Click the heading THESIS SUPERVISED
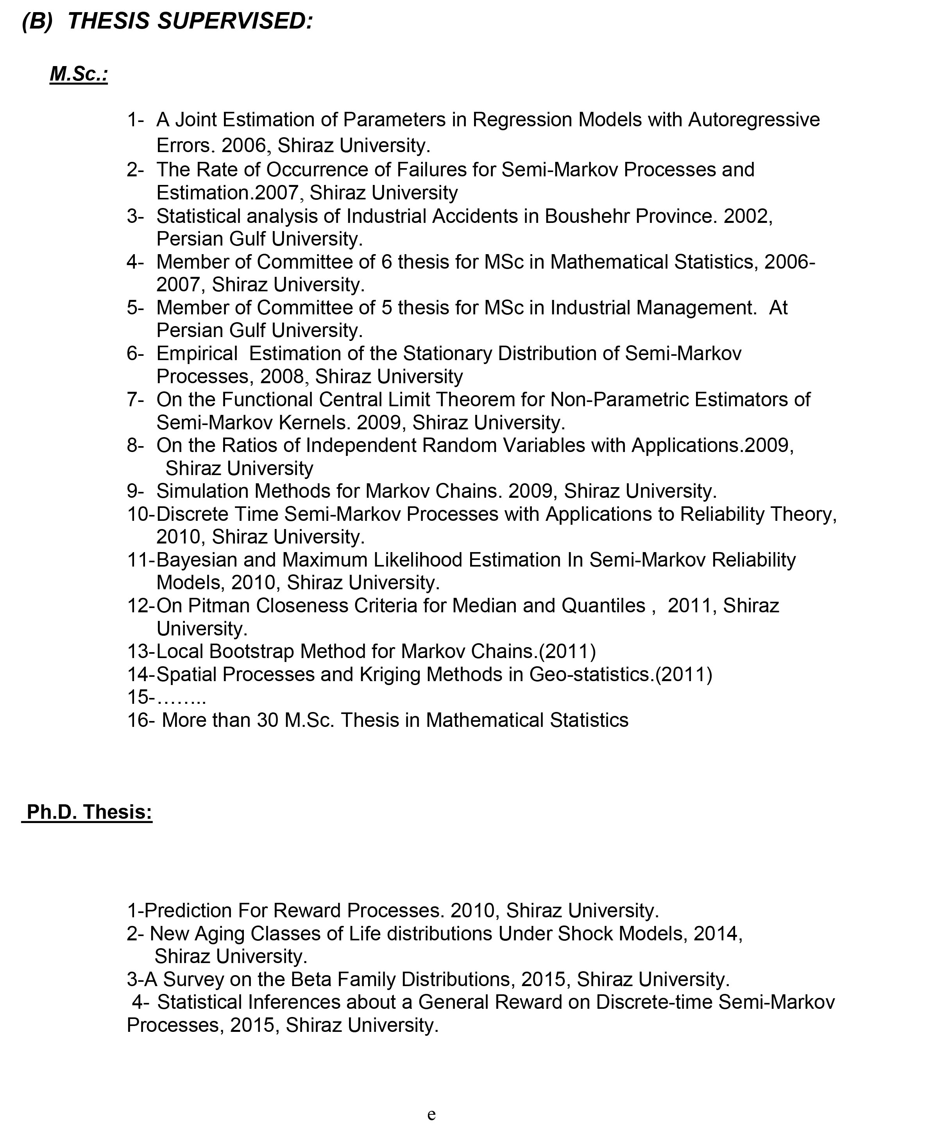point(190,22)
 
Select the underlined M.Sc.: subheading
point(79,74)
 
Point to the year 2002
point(747,216)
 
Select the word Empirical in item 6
point(197,353)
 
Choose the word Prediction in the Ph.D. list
point(188,911)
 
